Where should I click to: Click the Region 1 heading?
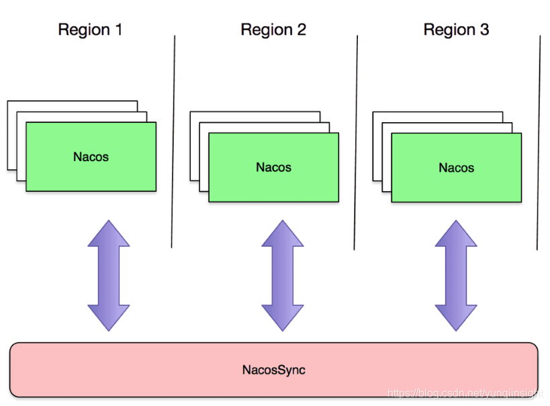[x=90, y=30]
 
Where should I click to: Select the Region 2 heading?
[x=273, y=30]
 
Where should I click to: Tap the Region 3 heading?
[x=456, y=30]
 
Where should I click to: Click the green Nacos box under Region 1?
[x=91, y=157]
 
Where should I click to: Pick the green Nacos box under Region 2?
[x=273, y=167]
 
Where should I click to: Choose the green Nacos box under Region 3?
[x=456, y=168]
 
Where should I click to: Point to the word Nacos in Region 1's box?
[x=91, y=157]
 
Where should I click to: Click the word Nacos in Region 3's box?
[x=456, y=168]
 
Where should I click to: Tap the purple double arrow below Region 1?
[x=109, y=275]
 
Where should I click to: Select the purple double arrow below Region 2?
[x=283, y=275]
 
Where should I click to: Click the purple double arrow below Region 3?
[x=456, y=275]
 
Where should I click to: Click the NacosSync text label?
[x=273, y=370]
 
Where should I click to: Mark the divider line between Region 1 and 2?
[x=173, y=141]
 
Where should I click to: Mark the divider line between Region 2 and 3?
[x=356, y=141]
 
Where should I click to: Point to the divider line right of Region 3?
[x=539, y=141]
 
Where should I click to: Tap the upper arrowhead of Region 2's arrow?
[x=283, y=233]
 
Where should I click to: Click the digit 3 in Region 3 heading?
[x=484, y=30]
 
